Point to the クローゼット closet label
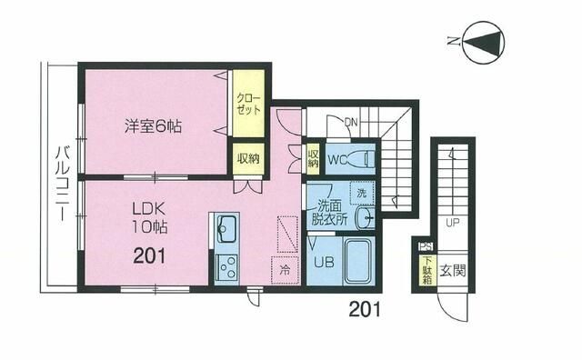click(248, 102)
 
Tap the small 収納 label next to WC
click(313, 160)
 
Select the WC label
click(336, 160)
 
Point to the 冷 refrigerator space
click(286, 269)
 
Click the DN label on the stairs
click(351, 122)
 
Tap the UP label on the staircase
click(451, 222)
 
